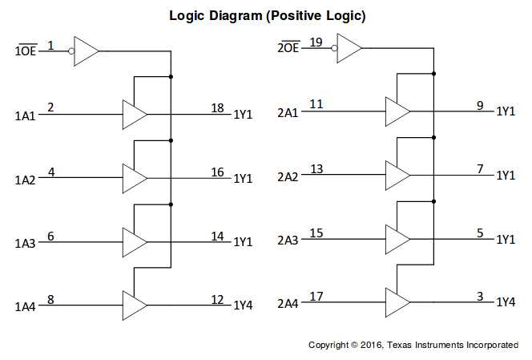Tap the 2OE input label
tap(288, 48)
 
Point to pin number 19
tap(316, 42)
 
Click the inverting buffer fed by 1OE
tap(85, 50)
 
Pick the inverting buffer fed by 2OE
tap(349, 47)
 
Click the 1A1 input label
tap(25, 115)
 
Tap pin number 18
tap(217, 107)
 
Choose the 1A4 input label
tap(25, 306)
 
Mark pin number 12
tap(217, 299)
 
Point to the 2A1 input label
tap(288, 111)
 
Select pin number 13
tap(316, 169)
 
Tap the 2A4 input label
tap(288, 303)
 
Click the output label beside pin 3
tap(506, 303)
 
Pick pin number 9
tap(480, 104)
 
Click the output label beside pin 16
tap(243, 178)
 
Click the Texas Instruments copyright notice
tap(413, 345)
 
